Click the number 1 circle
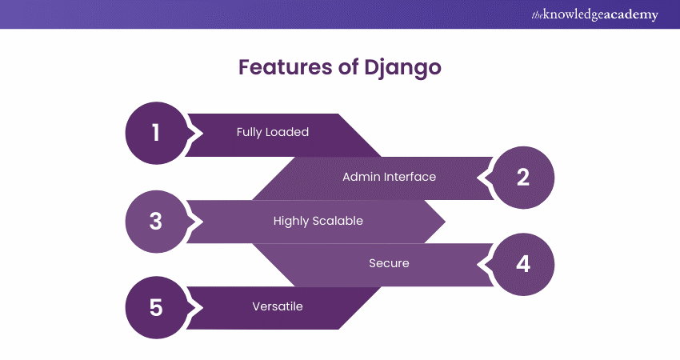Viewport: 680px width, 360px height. click(x=156, y=133)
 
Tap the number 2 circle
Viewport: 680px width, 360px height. click(x=523, y=177)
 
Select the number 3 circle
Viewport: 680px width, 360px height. click(x=156, y=221)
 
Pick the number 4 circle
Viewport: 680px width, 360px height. click(x=523, y=264)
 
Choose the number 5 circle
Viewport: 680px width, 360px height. click(x=156, y=307)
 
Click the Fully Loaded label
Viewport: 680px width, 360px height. click(x=272, y=132)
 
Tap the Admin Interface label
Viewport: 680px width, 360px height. click(x=389, y=176)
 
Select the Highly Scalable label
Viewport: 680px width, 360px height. click(x=318, y=221)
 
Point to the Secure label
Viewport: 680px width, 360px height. click(x=389, y=263)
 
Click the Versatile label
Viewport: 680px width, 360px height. click(x=277, y=306)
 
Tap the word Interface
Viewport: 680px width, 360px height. click(x=408, y=176)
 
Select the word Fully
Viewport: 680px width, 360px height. click(x=250, y=132)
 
